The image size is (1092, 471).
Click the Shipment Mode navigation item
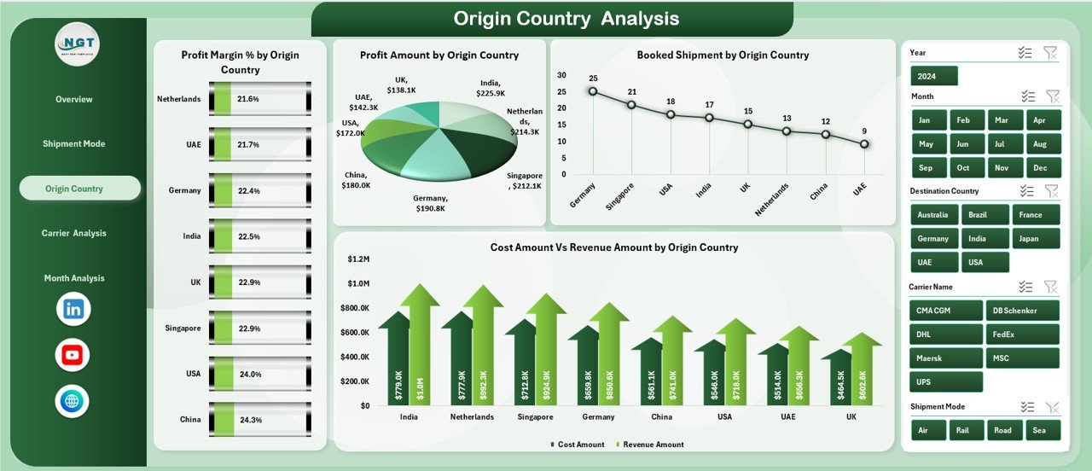74,143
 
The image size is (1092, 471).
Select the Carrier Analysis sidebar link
74,233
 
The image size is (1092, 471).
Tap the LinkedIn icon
73,309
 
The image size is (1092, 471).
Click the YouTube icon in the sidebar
73,355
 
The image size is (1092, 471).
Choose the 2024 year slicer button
933,76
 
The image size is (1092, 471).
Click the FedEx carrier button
1022,334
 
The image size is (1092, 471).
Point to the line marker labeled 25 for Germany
593,91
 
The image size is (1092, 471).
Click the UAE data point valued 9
864,144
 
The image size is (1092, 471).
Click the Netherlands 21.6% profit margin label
248,99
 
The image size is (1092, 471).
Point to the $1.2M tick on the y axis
357,259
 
